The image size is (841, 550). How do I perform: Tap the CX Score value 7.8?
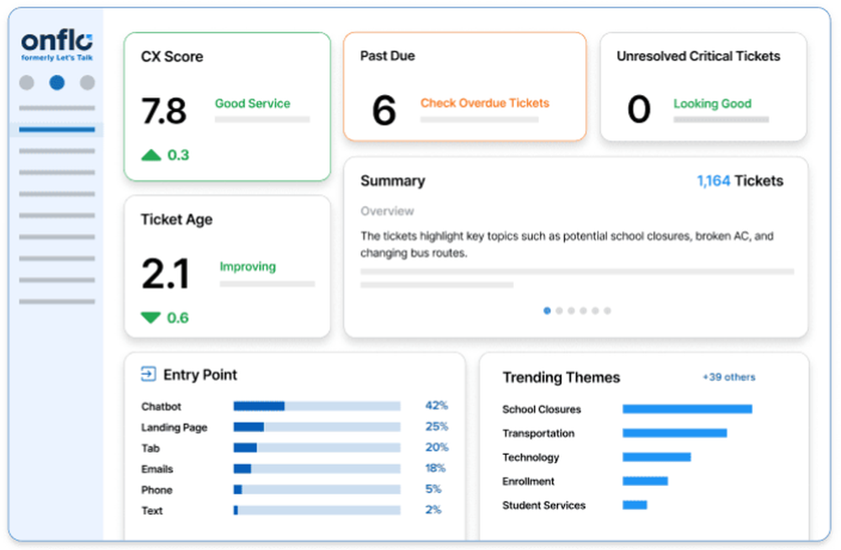[164, 110]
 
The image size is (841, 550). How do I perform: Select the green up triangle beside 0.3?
[151, 155]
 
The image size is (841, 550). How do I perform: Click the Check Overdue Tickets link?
[484, 103]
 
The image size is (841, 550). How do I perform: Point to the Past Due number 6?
[383, 111]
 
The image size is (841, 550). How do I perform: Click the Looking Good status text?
[712, 104]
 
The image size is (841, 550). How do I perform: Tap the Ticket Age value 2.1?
[166, 273]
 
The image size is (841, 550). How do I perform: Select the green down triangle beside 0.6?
[151, 318]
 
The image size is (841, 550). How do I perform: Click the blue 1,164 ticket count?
[713, 181]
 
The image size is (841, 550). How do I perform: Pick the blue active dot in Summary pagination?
[547, 310]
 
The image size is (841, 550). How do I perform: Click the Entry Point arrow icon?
[149, 374]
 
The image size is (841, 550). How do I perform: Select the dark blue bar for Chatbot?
[259, 406]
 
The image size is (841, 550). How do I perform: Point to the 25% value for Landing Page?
[436, 426]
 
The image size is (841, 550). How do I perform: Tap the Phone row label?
[156, 489]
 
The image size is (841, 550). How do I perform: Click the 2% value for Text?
[433, 510]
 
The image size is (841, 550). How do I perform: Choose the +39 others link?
[728, 378]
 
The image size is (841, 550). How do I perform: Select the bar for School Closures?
[687, 410]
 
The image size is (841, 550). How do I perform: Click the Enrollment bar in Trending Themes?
[645, 481]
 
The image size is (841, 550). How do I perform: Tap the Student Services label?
[543, 505]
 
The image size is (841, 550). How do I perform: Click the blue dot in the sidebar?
[57, 82]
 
